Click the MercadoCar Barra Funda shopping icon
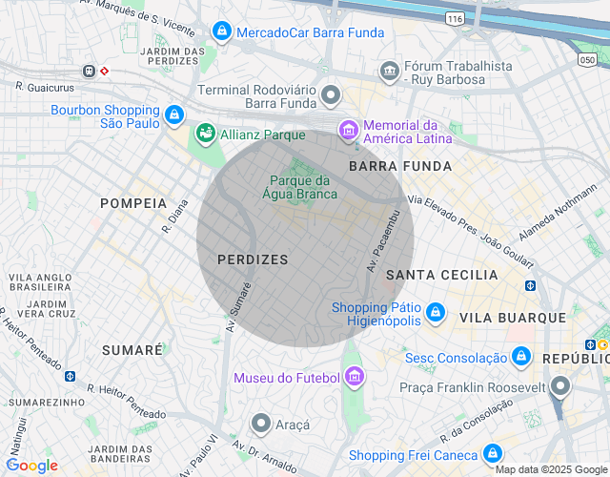tap(221, 31)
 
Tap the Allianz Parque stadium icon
tap(204, 135)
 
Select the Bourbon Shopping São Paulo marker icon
tap(173, 116)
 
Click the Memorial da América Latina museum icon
tap(349, 129)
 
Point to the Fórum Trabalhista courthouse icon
tap(389, 71)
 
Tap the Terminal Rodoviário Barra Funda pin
tap(331, 94)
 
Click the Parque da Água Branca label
tap(299, 187)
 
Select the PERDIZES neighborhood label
tap(253, 259)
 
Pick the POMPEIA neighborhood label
tap(133, 203)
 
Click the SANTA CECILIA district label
tap(441, 275)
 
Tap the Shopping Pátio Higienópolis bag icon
tap(435, 312)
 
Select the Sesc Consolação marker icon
tap(520, 358)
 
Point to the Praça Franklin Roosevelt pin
tap(560, 387)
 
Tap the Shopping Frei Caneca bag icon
tap(493, 454)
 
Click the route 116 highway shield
tap(454, 18)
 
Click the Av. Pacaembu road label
tap(380, 240)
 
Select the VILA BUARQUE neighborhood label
tap(512, 317)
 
